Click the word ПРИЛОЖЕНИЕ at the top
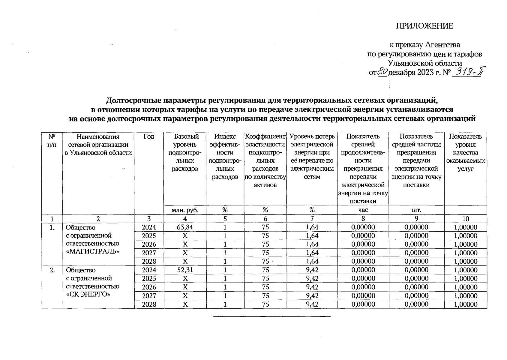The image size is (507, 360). click(x=424, y=26)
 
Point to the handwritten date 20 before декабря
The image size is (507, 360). click(x=382, y=72)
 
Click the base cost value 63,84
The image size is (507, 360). click(x=185, y=227)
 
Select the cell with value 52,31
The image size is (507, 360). click(x=185, y=270)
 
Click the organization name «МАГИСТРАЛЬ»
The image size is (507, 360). click(x=92, y=251)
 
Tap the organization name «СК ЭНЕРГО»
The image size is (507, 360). click(x=88, y=294)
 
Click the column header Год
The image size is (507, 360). click(x=149, y=137)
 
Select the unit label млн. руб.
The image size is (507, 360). click(x=185, y=210)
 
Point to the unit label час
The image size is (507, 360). click(x=363, y=210)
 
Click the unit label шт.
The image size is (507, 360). click(x=416, y=210)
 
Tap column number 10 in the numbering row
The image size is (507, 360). click(x=466, y=219)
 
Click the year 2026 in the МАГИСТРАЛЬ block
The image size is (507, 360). click(x=149, y=244)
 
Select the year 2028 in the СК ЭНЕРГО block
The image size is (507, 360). click(x=149, y=304)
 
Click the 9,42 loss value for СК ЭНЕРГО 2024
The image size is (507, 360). click(x=312, y=270)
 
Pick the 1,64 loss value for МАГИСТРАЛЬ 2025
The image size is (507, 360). click(x=312, y=236)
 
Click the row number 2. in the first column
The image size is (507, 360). click(x=52, y=270)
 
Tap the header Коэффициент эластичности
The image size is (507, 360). click(x=265, y=141)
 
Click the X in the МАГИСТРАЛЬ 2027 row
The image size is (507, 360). click(x=185, y=253)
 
